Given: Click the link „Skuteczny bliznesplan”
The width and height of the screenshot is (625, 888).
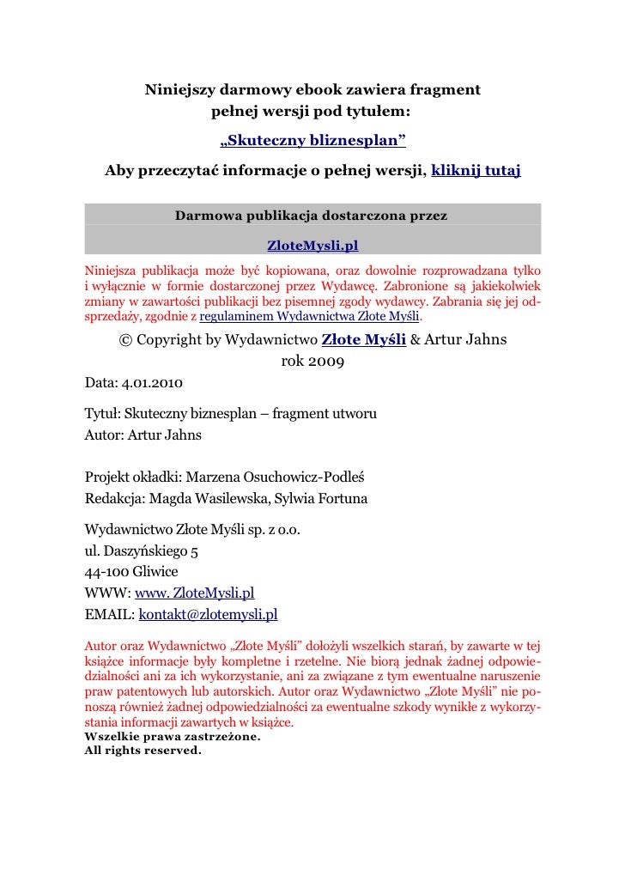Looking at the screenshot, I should point(312,140).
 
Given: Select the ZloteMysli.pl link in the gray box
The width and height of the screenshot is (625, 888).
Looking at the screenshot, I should point(312,246).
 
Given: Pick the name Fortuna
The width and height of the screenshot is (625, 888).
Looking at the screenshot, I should point(343,498).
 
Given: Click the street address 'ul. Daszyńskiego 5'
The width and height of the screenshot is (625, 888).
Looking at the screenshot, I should point(143,550).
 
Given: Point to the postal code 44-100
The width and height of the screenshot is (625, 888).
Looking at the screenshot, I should point(106,571).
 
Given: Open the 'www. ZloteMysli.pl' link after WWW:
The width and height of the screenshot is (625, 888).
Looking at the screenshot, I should point(194,593).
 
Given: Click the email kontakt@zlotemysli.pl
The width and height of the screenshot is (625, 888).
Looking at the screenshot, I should point(208,615).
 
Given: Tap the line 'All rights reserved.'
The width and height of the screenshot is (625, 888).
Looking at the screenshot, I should point(143,750).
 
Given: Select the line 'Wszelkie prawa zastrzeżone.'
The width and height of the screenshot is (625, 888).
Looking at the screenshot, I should point(172,737).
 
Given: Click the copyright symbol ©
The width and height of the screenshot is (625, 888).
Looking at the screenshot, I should point(125,340).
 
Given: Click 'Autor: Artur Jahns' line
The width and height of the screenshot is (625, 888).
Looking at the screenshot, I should point(143,435).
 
